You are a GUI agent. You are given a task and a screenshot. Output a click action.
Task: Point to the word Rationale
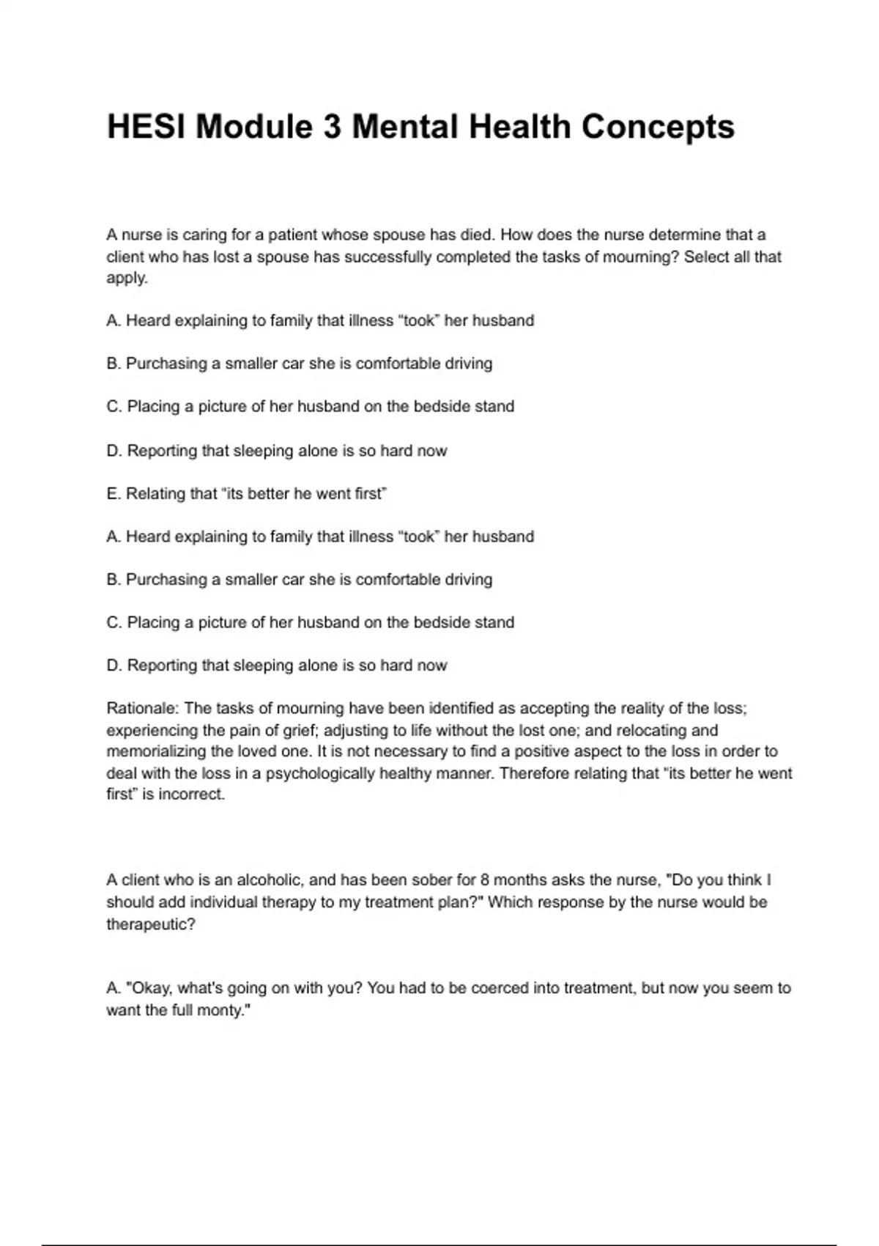143,708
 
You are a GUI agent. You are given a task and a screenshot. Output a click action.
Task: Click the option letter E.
112,493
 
